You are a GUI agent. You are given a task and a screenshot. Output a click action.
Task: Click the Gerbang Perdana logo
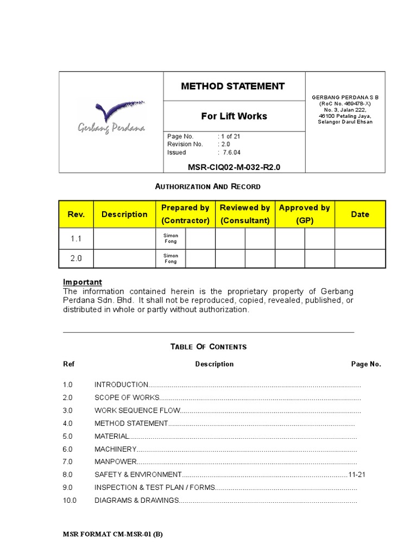(x=111, y=116)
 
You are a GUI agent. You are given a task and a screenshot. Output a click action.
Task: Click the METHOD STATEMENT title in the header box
(x=232, y=86)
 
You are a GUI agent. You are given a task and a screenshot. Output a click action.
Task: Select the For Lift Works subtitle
(x=234, y=116)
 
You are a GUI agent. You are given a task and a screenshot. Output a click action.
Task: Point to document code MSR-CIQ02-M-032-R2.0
(x=234, y=167)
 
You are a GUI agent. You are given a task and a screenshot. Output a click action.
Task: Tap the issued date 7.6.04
(x=231, y=153)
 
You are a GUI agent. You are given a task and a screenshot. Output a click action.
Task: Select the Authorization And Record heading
(x=208, y=186)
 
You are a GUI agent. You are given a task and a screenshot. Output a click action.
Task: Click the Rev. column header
(x=76, y=214)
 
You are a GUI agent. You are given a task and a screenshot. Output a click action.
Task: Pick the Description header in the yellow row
(x=124, y=214)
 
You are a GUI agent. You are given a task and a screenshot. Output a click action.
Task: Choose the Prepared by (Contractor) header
(x=185, y=214)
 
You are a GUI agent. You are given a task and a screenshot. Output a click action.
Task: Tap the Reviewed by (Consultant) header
(x=244, y=214)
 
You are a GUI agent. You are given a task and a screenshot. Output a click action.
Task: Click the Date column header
(x=360, y=214)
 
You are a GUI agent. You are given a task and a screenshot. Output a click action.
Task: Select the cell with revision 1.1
(x=76, y=239)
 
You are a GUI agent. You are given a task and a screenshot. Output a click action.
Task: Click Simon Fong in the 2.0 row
(x=170, y=258)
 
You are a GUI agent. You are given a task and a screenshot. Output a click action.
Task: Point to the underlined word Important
(x=83, y=282)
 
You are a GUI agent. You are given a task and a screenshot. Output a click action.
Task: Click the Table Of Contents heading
(x=208, y=346)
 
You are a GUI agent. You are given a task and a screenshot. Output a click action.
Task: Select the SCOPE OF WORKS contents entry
(x=127, y=397)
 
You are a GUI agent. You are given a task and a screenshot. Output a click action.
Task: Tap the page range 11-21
(x=357, y=475)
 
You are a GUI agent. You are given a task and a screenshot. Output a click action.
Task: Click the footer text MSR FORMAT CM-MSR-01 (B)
(x=113, y=534)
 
